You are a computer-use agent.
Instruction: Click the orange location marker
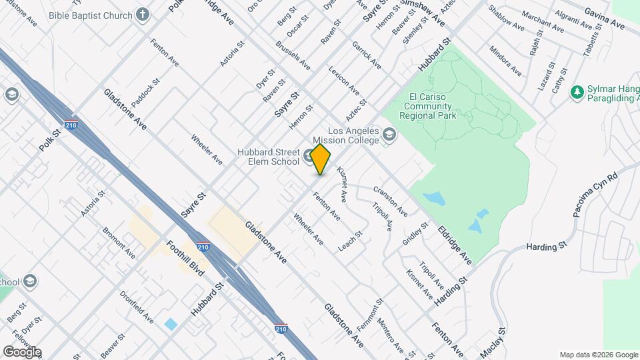click(x=321, y=159)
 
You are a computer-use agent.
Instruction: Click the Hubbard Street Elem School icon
click(x=309, y=157)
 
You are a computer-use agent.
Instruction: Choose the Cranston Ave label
click(x=390, y=201)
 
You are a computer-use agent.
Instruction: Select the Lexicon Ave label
click(x=344, y=81)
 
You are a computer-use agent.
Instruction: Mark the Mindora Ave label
click(x=505, y=61)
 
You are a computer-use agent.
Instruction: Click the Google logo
click(x=22, y=351)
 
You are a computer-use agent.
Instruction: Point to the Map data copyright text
click(x=598, y=355)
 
